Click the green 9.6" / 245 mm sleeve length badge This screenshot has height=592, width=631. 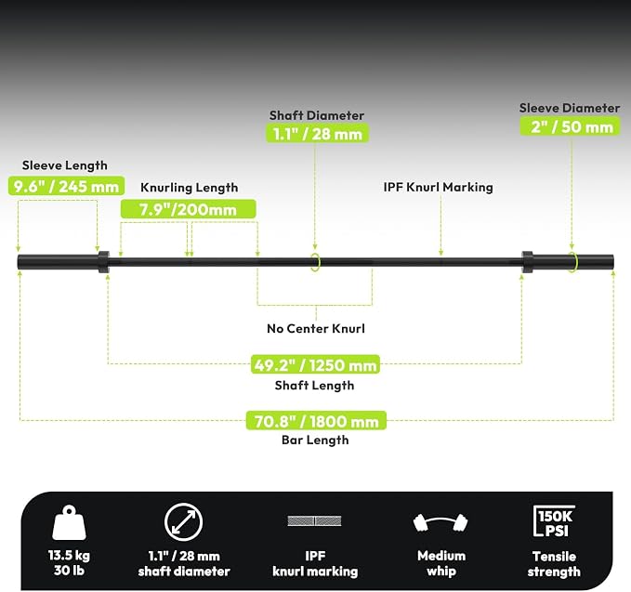tap(66, 186)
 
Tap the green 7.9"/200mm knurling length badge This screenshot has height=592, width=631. tap(189, 209)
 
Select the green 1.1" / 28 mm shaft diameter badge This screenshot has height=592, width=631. tap(318, 133)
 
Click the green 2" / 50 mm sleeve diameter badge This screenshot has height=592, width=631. tap(571, 126)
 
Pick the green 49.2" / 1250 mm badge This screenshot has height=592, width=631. tap(316, 364)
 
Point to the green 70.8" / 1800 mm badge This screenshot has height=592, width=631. tap(316, 421)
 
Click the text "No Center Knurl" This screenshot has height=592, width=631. tap(316, 328)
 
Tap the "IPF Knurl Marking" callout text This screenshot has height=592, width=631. tap(439, 187)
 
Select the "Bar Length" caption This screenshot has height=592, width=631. tap(315, 440)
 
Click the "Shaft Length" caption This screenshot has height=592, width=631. tap(314, 385)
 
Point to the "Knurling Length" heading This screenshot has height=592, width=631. tap(190, 188)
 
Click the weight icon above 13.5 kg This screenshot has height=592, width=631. tap(69, 522)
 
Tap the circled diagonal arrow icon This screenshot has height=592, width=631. tap(183, 521)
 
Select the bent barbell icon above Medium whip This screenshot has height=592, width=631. tap(440, 523)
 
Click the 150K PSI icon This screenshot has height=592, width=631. tap(554, 521)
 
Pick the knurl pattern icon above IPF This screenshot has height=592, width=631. tap(314, 520)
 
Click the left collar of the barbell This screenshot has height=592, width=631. tap(104, 262)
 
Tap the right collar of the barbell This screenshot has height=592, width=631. tap(527, 262)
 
